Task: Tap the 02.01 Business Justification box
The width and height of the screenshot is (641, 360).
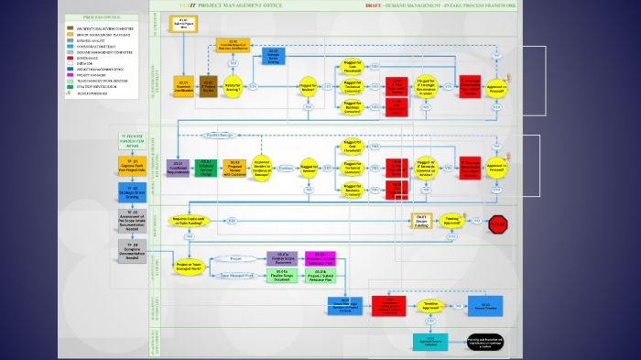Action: [x=183, y=86]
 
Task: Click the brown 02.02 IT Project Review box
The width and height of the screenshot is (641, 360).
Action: [x=207, y=86]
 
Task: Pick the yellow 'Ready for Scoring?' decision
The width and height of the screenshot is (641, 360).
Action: [x=233, y=86]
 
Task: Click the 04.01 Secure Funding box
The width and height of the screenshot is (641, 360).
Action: [x=420, y=221]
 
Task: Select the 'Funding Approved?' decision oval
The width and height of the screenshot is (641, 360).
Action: [x=451, y=221]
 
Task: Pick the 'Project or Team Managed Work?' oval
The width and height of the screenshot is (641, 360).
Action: [x=190, y=266]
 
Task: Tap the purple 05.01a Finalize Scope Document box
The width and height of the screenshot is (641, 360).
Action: [x=282, y=258]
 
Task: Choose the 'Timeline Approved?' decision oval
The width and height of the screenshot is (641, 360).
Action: [x=431, y=306]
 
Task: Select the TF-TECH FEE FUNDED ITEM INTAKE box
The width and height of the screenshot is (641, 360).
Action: [x=132, y=141]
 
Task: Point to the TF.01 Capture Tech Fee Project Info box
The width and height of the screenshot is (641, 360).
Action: [x=132, y=169]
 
